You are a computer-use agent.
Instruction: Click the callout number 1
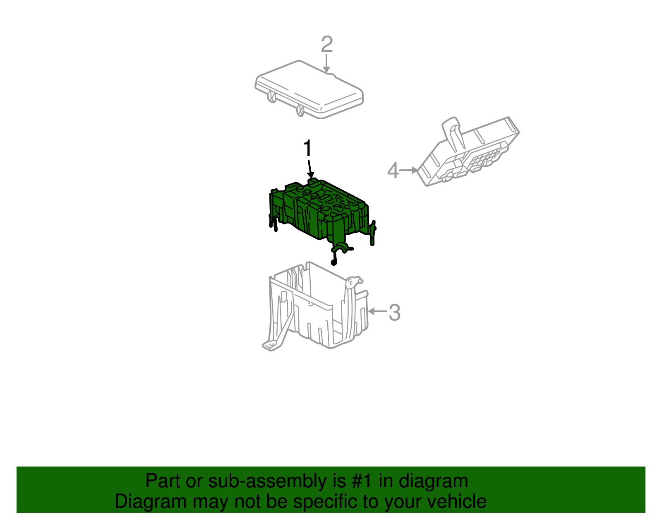tap(308, 148)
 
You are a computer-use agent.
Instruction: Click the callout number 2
tap(327, 44)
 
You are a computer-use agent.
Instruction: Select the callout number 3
tap(395, 313)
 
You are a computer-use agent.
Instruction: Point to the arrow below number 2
tap(326, 63)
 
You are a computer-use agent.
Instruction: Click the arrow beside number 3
tap(377, 311)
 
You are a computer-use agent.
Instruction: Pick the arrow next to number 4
tap(409, 170)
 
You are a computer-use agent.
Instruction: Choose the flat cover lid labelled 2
tap(309, 89)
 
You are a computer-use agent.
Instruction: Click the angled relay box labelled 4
tap(468, 151)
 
